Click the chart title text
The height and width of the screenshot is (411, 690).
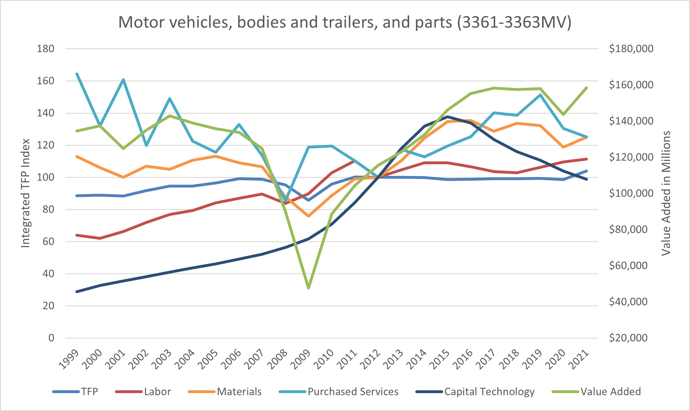click(x=345, y=22)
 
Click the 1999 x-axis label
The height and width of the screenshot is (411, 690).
click(x=70, y=359)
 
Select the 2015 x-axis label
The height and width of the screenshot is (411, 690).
click(x=441, y=359)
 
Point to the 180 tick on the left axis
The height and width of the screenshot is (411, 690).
click(x=46, y=49)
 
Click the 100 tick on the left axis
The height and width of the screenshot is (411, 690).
click(x=46, y=178)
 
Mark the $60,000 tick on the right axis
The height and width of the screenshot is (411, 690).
click(x=628, y=266)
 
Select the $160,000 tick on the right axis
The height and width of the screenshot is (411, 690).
click(x=631, y=85)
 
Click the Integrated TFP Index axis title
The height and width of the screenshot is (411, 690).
click(x=26, y=193)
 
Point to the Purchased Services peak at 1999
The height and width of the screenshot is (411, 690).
click(x=77, y=74)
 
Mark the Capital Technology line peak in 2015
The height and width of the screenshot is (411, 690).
click(x=448, y=116)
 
